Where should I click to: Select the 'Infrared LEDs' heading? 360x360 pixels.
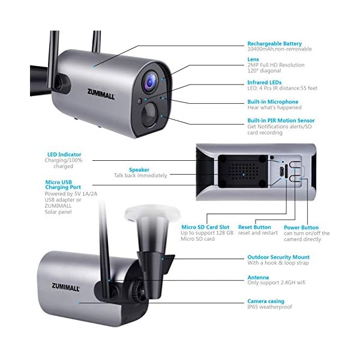pyautogui.click(x=265, y=82)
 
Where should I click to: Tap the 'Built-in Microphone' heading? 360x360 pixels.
pyautogui.click(x=273, y=102)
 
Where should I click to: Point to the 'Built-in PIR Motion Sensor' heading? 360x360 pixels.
pyautogui.click(x=281, y=121)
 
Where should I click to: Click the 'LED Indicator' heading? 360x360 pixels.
pyautogui.click(x=64, y=154)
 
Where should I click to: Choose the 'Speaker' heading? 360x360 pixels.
pyautogui.click(x=140, y=169)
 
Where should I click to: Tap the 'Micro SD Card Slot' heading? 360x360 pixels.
pyautogui.click(x=206, y=227)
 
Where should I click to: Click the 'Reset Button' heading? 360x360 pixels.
pyautogui.click(x=254, y=227)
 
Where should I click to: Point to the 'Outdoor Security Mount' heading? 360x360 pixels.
pyautogui.click(x=279, y=257)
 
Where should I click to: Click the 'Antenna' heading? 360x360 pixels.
pyautogui.click(x=257, y=278)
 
